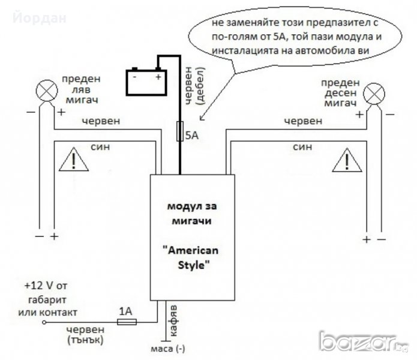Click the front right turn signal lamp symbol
tap(374, 92)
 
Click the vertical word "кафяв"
tap(173, 316)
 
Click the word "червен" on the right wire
tap(304, 120)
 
